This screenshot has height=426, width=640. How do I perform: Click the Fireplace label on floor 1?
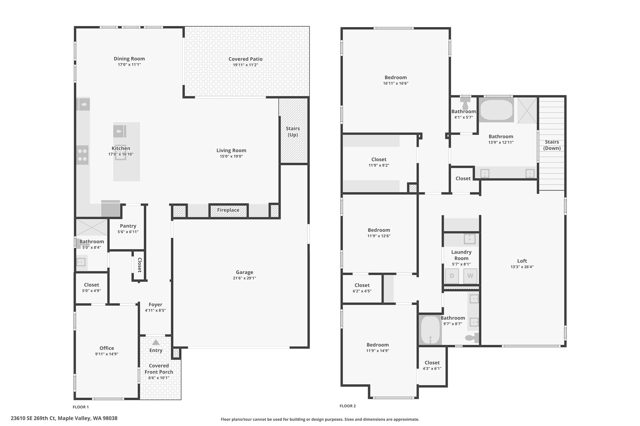(228, 210)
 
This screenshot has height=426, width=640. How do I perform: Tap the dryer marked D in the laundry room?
(452, 276)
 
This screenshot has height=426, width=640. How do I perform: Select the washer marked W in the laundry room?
(470, 276)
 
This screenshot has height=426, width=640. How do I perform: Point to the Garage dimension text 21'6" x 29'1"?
(244, 278)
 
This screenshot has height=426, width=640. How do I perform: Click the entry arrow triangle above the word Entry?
(156, 342)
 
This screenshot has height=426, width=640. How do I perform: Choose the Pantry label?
(128, 226)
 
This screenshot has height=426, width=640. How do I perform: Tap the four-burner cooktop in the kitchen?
(82, 155)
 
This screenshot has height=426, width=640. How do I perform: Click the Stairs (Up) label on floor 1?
(293, 131)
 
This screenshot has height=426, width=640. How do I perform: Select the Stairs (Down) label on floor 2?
(552, 145)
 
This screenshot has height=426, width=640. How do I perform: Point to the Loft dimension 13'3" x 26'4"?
(522, 267)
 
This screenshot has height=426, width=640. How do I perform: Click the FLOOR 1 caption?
(81, 407)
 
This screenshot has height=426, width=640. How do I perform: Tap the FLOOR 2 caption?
(348, 406)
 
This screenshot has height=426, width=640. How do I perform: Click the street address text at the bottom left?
(64, 418)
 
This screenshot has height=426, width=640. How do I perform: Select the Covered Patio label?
(246, 59)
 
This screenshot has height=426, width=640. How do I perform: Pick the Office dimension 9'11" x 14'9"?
(107, 354)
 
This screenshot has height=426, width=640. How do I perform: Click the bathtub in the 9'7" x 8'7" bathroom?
(430, 330)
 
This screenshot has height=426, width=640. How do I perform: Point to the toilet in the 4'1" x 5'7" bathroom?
(465, 103)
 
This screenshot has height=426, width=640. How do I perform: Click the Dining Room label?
(129, 59)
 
